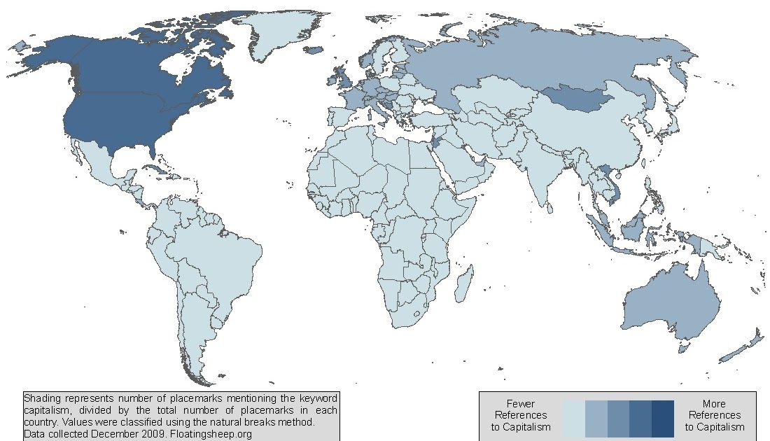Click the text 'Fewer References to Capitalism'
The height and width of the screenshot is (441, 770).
coord(521,415)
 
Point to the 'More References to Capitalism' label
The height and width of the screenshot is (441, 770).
coord(715,415)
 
